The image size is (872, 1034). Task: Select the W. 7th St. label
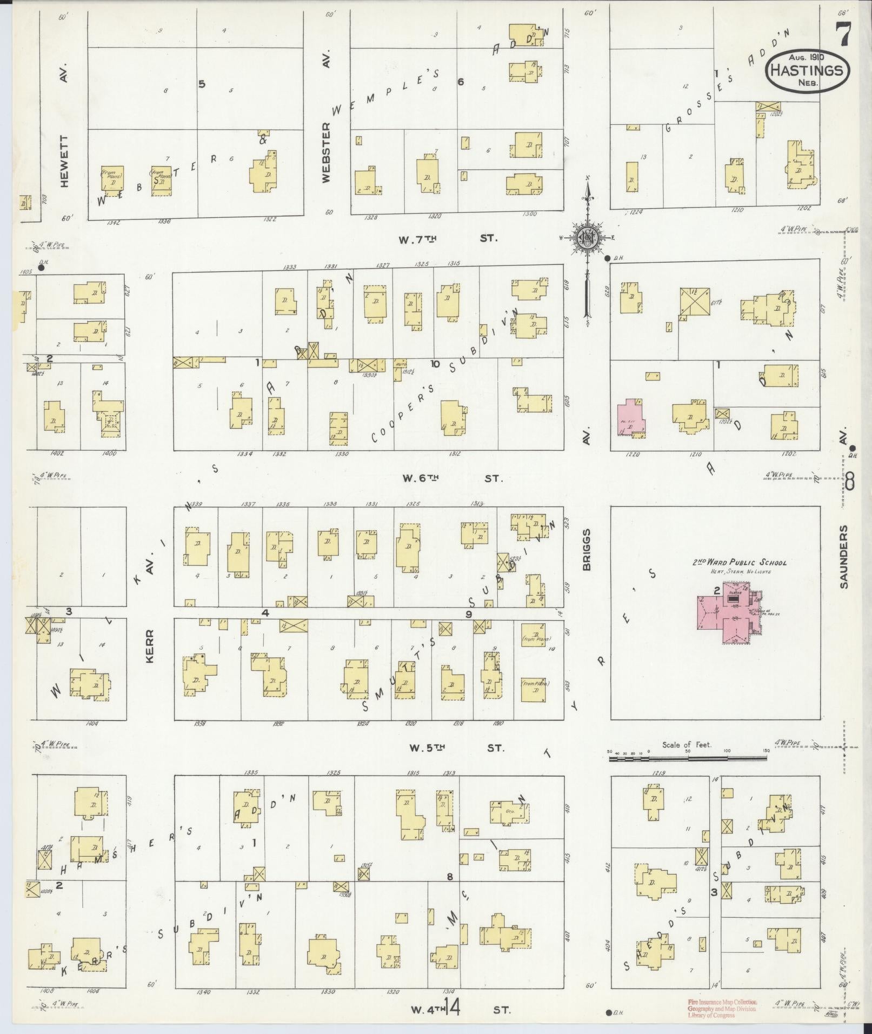pos(448,238)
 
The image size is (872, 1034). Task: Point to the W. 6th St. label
pos(452,478)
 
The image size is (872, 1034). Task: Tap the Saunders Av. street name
pos(845,557)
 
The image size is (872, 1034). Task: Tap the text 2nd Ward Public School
pos(740,562)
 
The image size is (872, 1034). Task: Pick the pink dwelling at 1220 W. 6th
pos(629,417)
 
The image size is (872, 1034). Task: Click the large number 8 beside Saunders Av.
pos(850,481)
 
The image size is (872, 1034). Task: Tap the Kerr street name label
pos(150,646)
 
